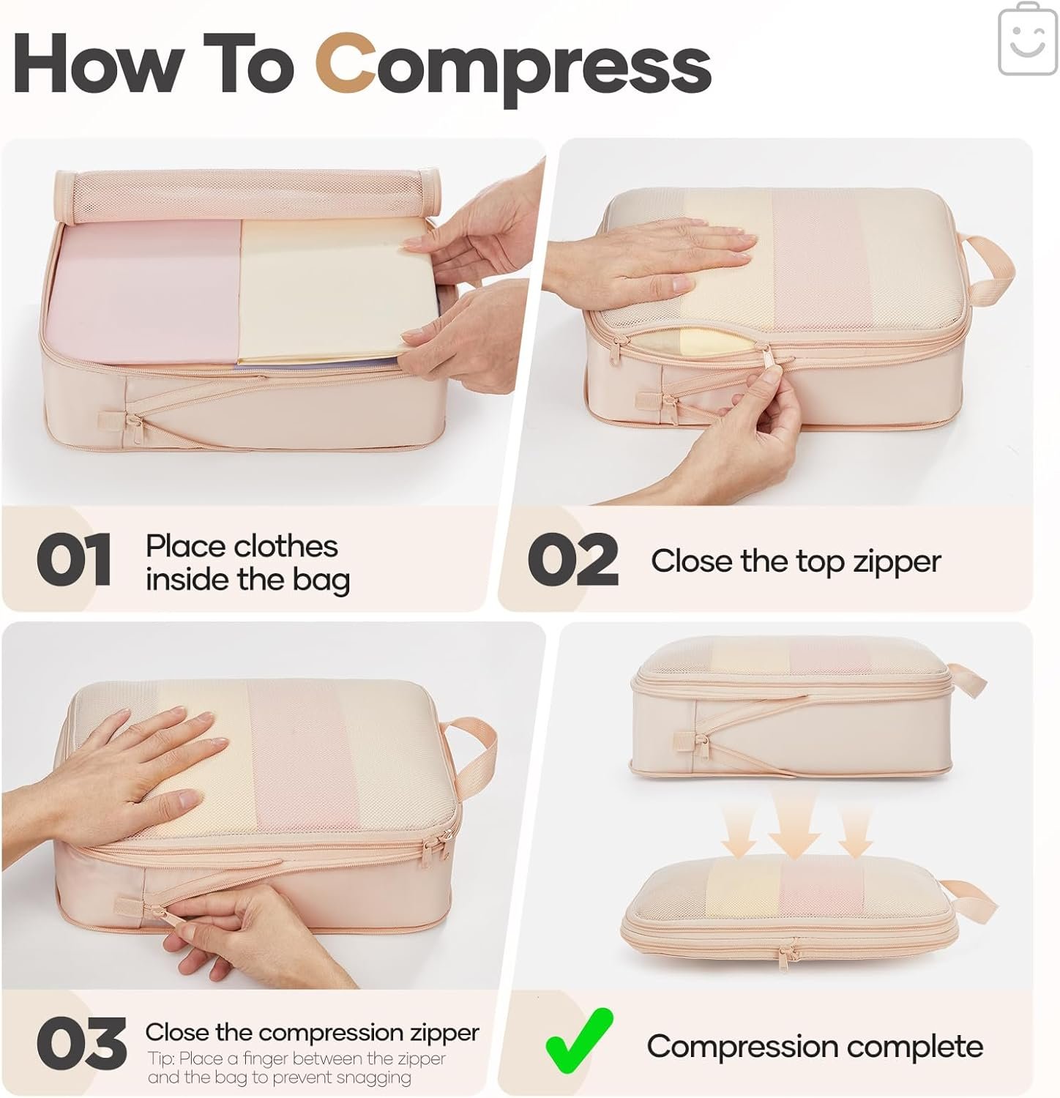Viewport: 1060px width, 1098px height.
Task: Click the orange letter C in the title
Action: click(348, 66)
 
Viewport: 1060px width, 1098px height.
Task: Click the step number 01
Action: click(74, 560)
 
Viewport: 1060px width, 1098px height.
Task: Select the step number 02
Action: click(572, 560)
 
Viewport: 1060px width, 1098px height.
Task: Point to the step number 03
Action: click(81, 1044)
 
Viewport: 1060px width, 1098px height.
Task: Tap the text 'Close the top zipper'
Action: click(795, 561)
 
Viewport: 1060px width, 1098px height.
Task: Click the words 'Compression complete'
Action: click(814, 1046)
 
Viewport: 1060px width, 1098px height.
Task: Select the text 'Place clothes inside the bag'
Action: click(247, 562)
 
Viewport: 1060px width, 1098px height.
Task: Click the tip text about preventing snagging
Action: click(296, 1068)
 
